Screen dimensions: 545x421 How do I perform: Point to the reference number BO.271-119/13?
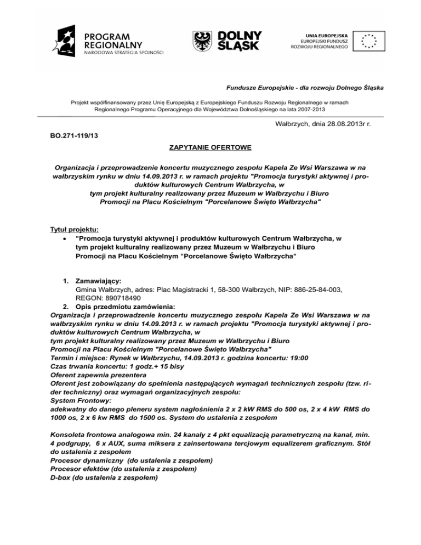(x=75, y=133)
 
